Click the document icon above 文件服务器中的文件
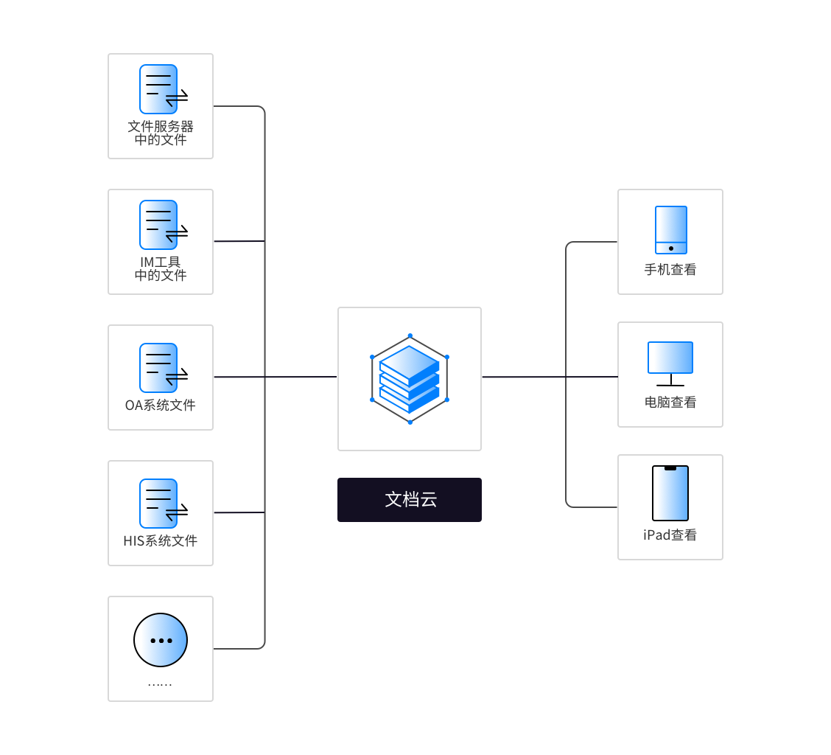tap(158, 89)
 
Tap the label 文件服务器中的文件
tap(161, 133)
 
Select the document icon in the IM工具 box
tap(158, 225)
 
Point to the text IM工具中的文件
tap(161, 268)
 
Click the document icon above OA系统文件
tap(158, 368)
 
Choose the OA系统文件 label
tap(161, 405)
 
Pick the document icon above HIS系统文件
tap(158, 504)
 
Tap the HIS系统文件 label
tap(161, 540)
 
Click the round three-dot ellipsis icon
tap(161, 640)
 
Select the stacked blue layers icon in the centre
tap(410, 379)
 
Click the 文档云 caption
tap(410, 500)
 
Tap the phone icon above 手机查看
tap(671, 230)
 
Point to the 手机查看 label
tap(670, 270)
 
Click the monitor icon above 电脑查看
tap(670, 358)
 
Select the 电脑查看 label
tap(670, 403)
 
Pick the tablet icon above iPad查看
tap(670, 493)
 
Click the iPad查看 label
tap(670, 535)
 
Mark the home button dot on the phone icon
tap(671, 248)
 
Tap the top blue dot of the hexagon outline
tap(410, 335)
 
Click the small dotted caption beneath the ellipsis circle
tap(160, 685)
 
